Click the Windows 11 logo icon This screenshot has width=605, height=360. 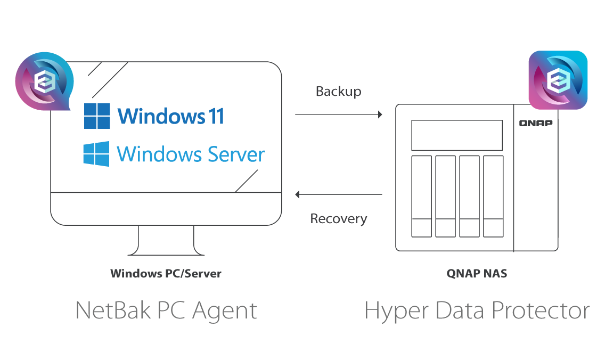tap(97, 116)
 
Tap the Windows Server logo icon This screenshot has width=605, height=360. tap(96, 154)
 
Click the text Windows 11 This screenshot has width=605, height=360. tap(170, 116)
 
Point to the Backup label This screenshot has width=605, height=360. tap(338, 92)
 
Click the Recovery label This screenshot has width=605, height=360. tap(338, 219)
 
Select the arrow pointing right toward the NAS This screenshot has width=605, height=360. tap(339, 114)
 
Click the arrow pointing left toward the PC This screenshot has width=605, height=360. tap(339, 194)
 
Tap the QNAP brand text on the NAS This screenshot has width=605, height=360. tap(536, 123)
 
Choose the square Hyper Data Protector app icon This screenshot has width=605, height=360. tap(558, 80)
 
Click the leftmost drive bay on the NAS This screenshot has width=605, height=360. tap(422, 196)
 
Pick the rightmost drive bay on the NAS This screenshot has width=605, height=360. tap(493, 196)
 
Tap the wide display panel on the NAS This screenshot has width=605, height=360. tap(457, 135)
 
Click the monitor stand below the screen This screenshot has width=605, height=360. tap(166, 241)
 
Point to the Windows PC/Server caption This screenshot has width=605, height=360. tap(166, 274)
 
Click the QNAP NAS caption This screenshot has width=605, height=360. tap(477, 274)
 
